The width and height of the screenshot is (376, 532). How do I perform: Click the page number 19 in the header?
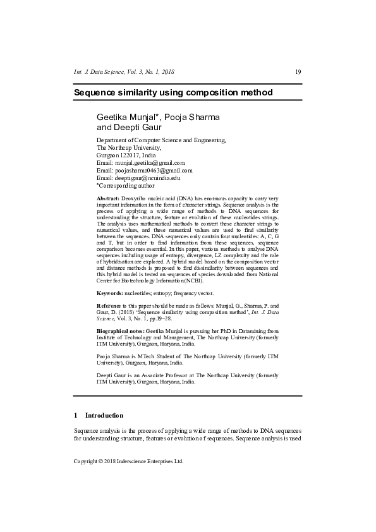[298, 72]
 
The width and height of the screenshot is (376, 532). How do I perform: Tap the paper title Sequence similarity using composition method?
[173, 93]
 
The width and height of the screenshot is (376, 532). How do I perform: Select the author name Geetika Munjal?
[127, 118]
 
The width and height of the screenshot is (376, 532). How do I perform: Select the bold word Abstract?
[107, 198]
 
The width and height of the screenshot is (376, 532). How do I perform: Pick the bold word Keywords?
[109, 294]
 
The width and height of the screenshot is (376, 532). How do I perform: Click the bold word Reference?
[110, 306]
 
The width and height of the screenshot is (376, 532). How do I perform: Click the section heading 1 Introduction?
[99, 415]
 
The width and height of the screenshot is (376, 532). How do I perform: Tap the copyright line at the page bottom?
[128, 461]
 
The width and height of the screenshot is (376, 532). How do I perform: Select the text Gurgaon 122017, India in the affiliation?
[126, 155]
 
